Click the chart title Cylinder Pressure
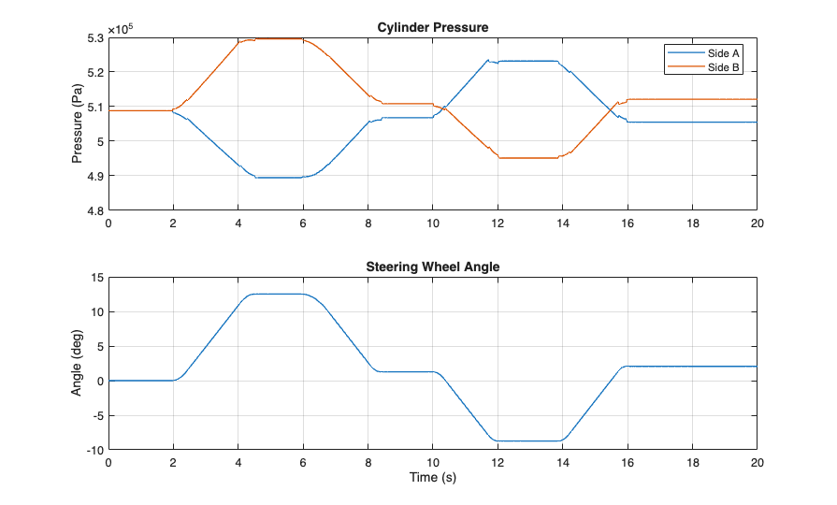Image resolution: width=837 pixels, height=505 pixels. click(432, 27)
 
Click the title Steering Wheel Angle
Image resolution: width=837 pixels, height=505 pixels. click(432, 267)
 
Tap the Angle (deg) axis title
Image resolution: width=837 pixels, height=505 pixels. click(78, 363)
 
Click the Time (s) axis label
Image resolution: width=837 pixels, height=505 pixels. click(432, 478)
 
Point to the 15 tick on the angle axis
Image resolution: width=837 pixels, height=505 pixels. click(95, 277)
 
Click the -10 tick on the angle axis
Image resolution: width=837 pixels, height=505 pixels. click(93, 450)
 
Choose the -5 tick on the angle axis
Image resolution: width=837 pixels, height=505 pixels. click(95, 415)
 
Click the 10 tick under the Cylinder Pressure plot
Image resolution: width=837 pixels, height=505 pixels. click(432, 224)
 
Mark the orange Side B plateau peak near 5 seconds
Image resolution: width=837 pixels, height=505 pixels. click(271, 39)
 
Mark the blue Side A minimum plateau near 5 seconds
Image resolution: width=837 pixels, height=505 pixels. click(271, 178)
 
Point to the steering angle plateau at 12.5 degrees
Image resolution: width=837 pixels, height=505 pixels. click(271, 295)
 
